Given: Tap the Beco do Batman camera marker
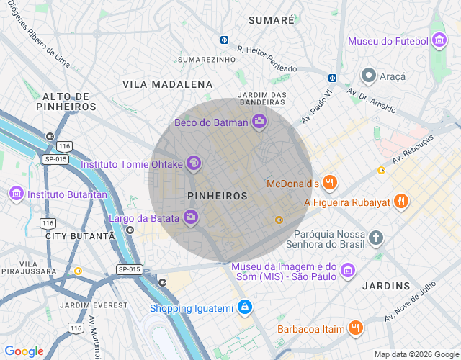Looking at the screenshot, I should point(259,122).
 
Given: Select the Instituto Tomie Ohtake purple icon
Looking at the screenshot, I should point(193,164).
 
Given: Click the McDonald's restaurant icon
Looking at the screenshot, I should point(330,183).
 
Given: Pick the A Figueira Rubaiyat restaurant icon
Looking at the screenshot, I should point(402,202).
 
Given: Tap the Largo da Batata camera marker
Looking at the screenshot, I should point(191,217).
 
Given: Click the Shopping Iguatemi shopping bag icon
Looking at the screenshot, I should point(245,308).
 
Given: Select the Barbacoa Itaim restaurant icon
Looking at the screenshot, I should point(355,328).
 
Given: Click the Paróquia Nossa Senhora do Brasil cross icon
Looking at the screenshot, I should point(375,238).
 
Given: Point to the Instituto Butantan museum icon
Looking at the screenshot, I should point(16,194).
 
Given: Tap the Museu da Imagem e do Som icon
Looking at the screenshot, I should point(349,271).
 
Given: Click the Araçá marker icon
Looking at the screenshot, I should point(369,76).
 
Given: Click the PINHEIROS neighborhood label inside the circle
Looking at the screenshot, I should point(217,196).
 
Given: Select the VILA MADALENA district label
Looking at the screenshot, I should point(167,84).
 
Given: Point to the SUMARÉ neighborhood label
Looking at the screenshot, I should point(271,20).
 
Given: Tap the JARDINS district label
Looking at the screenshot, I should point(386,286).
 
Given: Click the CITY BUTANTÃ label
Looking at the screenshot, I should point(80,236).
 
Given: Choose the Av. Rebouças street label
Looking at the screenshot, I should point(413,149).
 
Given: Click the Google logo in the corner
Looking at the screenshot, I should point(24,351).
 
